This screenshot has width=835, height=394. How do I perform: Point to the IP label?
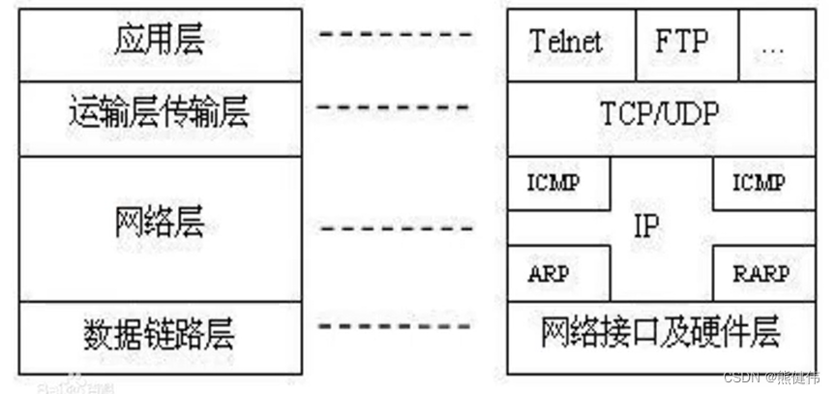[645, 228]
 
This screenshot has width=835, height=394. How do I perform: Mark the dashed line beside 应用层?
[397, 35]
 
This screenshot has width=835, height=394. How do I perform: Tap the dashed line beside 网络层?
[397, 228]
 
